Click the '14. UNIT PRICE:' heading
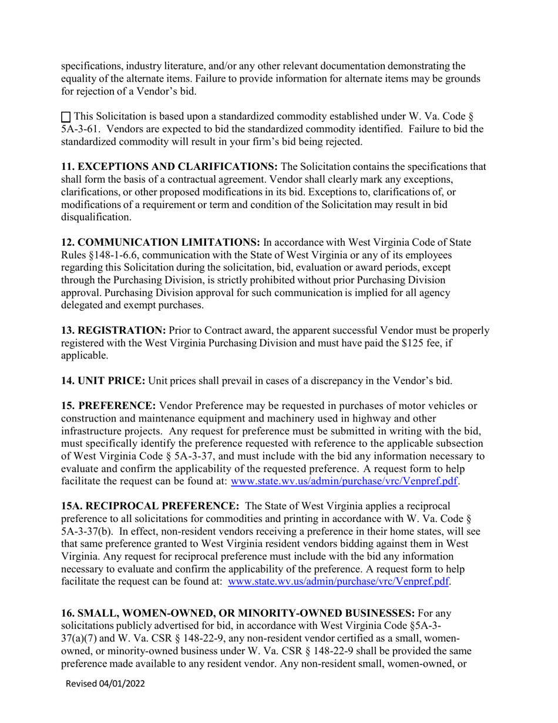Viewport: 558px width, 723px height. (103, 381)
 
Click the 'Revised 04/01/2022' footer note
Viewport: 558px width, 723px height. (105, 684)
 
